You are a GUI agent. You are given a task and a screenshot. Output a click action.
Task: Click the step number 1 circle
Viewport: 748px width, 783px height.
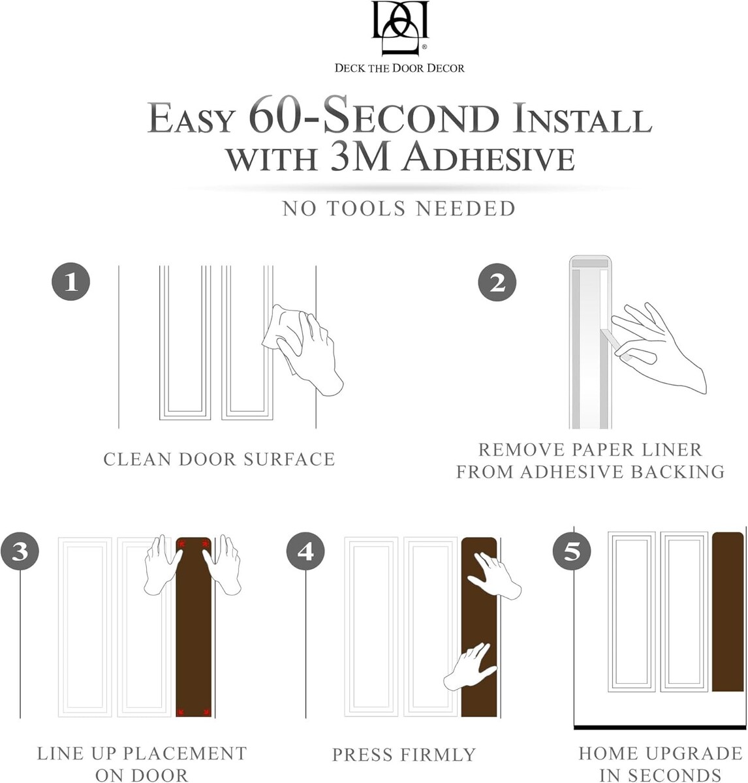pyautogui.click(x=71, y=281)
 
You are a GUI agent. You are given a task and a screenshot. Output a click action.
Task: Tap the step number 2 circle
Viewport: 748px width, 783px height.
pyautogui.click(x=497, y=282)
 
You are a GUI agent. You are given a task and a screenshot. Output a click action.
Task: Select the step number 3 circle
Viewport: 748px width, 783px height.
pyautogui.click(x=20, y=551)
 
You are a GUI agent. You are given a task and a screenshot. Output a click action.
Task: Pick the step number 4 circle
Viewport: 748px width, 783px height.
pyautogui.click(x=305, y=551)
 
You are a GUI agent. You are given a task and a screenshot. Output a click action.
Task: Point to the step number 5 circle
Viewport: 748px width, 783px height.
pyautogui.click(x=572, y=551)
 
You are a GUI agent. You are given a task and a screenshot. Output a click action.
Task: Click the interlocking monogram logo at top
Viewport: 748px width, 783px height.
pyautogui.click(x=399, y=27)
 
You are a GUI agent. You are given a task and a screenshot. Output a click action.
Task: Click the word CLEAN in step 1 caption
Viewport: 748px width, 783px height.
pyautogui.click(x=137, y=459)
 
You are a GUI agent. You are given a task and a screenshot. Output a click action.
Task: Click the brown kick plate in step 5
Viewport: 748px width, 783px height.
pyautogui.click(x=728, y=612)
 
